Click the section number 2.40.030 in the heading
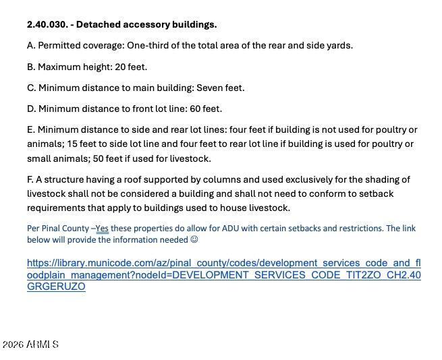(x=47, y=24)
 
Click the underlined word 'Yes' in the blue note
(x=102, y=229)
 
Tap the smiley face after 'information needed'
(x=194, y=239)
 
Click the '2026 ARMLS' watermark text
(x=30, y=344)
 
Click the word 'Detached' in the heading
(x=99, y=24)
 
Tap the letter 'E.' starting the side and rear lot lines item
(x=31, y=129)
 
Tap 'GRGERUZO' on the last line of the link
(x=56, y=287)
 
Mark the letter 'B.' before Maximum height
(x=31, y=67)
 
